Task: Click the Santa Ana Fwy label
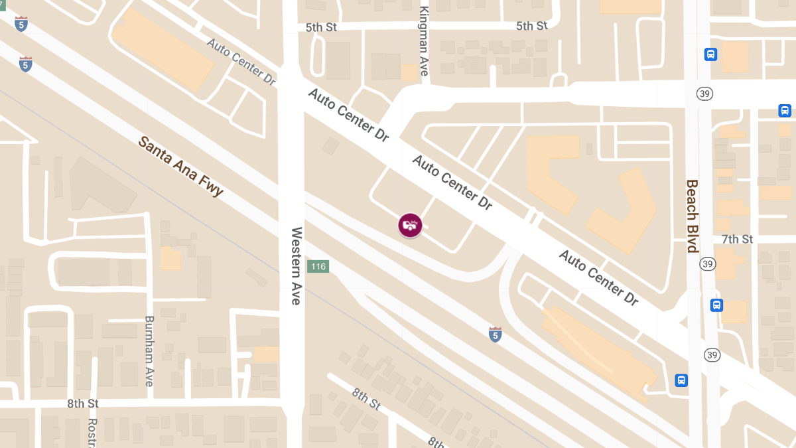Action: point(180,167)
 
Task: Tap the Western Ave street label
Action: point(296,266)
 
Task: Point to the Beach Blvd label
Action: point(692,216)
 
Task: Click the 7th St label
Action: point(738,239)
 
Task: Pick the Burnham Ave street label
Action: point(149,351)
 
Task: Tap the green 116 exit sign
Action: point(318,267)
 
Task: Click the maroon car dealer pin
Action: point(410,225)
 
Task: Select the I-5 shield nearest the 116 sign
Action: point(495,334)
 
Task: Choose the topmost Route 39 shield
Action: point(704,94)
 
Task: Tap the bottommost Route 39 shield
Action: point(712,355)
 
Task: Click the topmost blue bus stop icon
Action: point(710,54)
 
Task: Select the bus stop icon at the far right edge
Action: point(785,111)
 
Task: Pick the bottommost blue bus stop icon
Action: point(681,380)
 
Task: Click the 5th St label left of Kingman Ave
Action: point(322,28)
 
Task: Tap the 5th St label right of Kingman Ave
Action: point(532,26)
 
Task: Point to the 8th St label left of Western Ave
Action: point(83,404)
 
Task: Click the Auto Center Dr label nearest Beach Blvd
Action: point(598,278)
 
